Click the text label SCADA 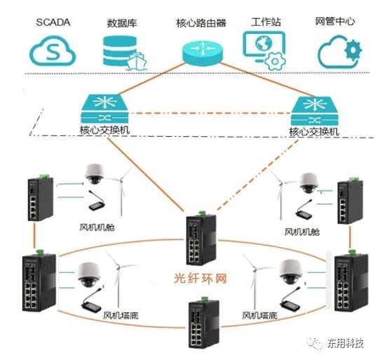pos(54,21)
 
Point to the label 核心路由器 pos(201,22)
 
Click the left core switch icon pos(104,109)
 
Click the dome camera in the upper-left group pos(95,174)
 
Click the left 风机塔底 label pos(121,316)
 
